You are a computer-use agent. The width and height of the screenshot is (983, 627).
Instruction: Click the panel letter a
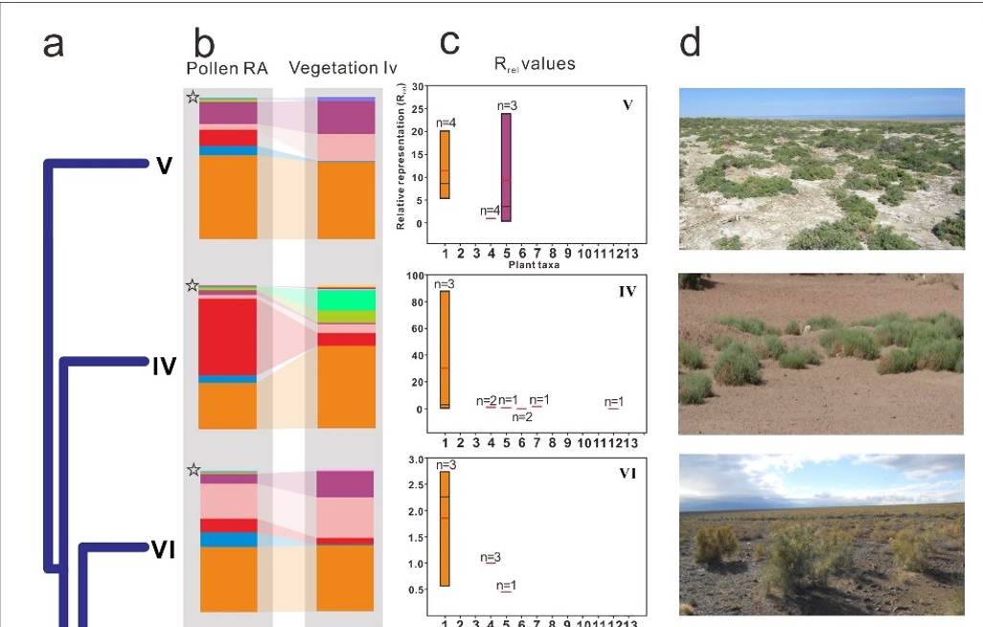pyautogui.click(x=54, y=44)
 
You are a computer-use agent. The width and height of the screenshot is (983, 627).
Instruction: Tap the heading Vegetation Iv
pyautogui.click(x=343, y=69)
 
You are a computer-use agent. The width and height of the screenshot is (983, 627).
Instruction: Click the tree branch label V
pyautogui.click(x=164, y=166)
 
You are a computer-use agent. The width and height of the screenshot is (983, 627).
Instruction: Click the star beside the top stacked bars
pyautogui.click(x=193, y=97)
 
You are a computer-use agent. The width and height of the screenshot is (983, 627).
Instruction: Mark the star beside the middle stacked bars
pyautogui.click(x=193, y=285)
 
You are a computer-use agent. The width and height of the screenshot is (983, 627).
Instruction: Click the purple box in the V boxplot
pyautogui.click(x=506, y=168)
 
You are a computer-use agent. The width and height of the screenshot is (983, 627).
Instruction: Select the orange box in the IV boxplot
pyautogui.click(x=445, y=349)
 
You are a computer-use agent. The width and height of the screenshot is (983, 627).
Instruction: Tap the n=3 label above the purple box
pyautogui.click(x=508, y=105)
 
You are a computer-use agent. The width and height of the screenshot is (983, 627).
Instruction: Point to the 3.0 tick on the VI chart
pyautogui.click(x=416, y=460)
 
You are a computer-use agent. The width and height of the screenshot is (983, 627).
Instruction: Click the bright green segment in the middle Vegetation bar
pyautogui.click(x=346, y=300)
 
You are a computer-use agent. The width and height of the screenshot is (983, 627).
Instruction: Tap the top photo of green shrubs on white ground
pyautogui.click(x=821, y=168)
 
